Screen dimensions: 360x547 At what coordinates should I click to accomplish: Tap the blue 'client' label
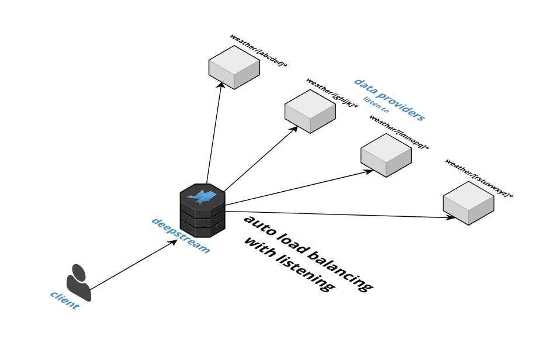(x=64, y=300)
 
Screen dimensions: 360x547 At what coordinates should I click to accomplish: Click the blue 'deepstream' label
(x=180, y=235)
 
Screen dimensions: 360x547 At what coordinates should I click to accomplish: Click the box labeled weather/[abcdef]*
(x=234, y=67)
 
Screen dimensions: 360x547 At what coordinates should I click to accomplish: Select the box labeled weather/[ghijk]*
(x=310, y=110)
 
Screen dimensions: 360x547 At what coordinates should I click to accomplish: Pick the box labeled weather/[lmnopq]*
(x=386, y=155)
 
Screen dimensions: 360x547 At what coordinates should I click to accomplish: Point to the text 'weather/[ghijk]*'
(x=331, y=93)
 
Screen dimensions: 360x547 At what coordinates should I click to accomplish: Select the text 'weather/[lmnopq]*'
(x=399, y=131)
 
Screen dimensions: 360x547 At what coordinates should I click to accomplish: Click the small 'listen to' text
(x=376, y=105)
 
